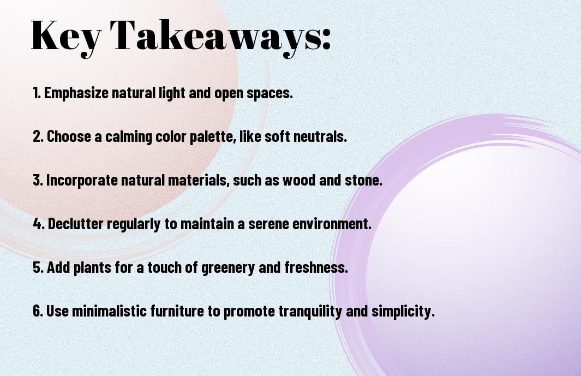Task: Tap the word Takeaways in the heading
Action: (x=214, y=36)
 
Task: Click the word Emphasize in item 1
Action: (x=76, y=93)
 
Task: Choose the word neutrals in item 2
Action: (x=320, y=136)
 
